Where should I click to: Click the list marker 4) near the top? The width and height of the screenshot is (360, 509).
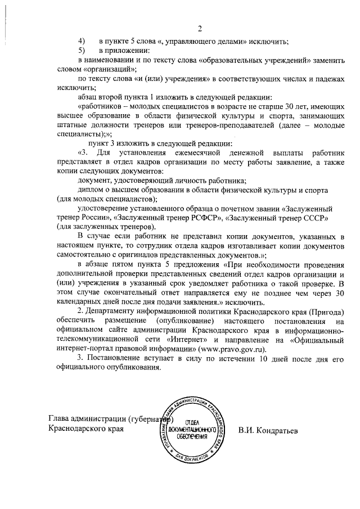(81, 41)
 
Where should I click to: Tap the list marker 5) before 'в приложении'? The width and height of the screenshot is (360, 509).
(81, 51)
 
